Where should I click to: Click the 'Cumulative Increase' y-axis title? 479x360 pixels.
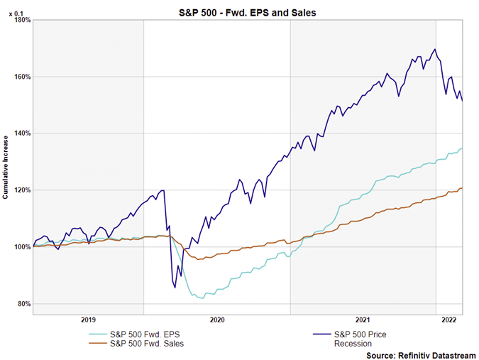click(x=6, y=168)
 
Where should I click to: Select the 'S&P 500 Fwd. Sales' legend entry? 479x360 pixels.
click(x=147, y=344)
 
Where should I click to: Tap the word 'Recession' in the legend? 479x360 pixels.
click(x=353, y=344)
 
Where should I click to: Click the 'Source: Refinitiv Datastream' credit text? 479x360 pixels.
click(x=422, y=354)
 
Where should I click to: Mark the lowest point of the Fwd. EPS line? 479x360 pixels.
click(x=203, y=298)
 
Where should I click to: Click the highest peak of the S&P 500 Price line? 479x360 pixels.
click(x=434, y=49)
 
